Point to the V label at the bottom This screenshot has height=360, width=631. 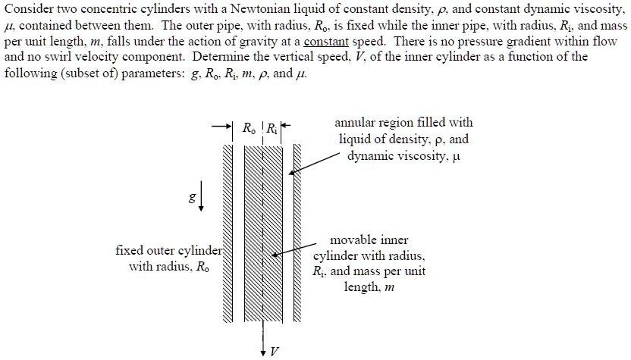274,352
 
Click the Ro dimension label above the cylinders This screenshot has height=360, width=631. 248,128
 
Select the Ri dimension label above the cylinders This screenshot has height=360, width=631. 272,128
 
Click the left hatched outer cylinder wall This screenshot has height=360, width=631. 229,227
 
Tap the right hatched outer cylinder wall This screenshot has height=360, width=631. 297,227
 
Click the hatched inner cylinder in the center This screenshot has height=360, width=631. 262,227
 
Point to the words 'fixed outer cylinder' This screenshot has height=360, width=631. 168,250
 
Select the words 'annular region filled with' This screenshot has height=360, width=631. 403,122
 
